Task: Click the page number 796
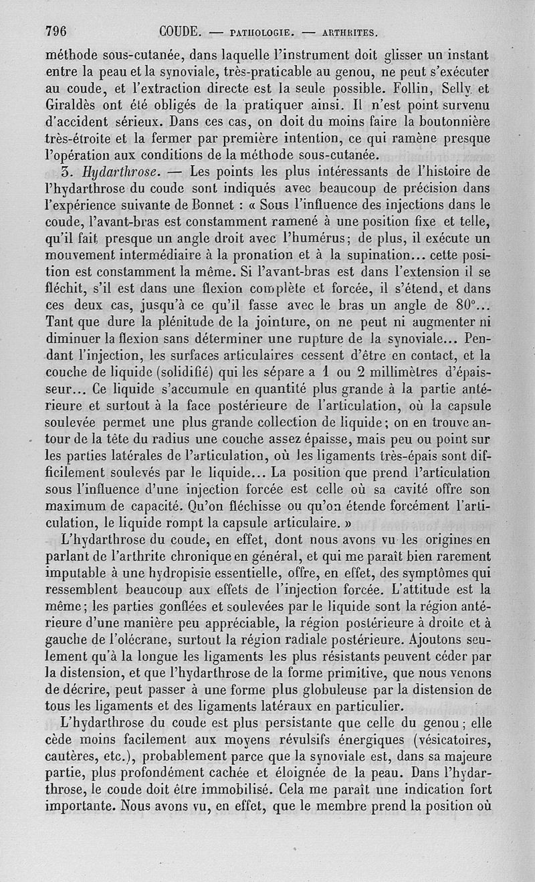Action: tap(58, 31)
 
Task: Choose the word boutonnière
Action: tap(454, 121)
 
